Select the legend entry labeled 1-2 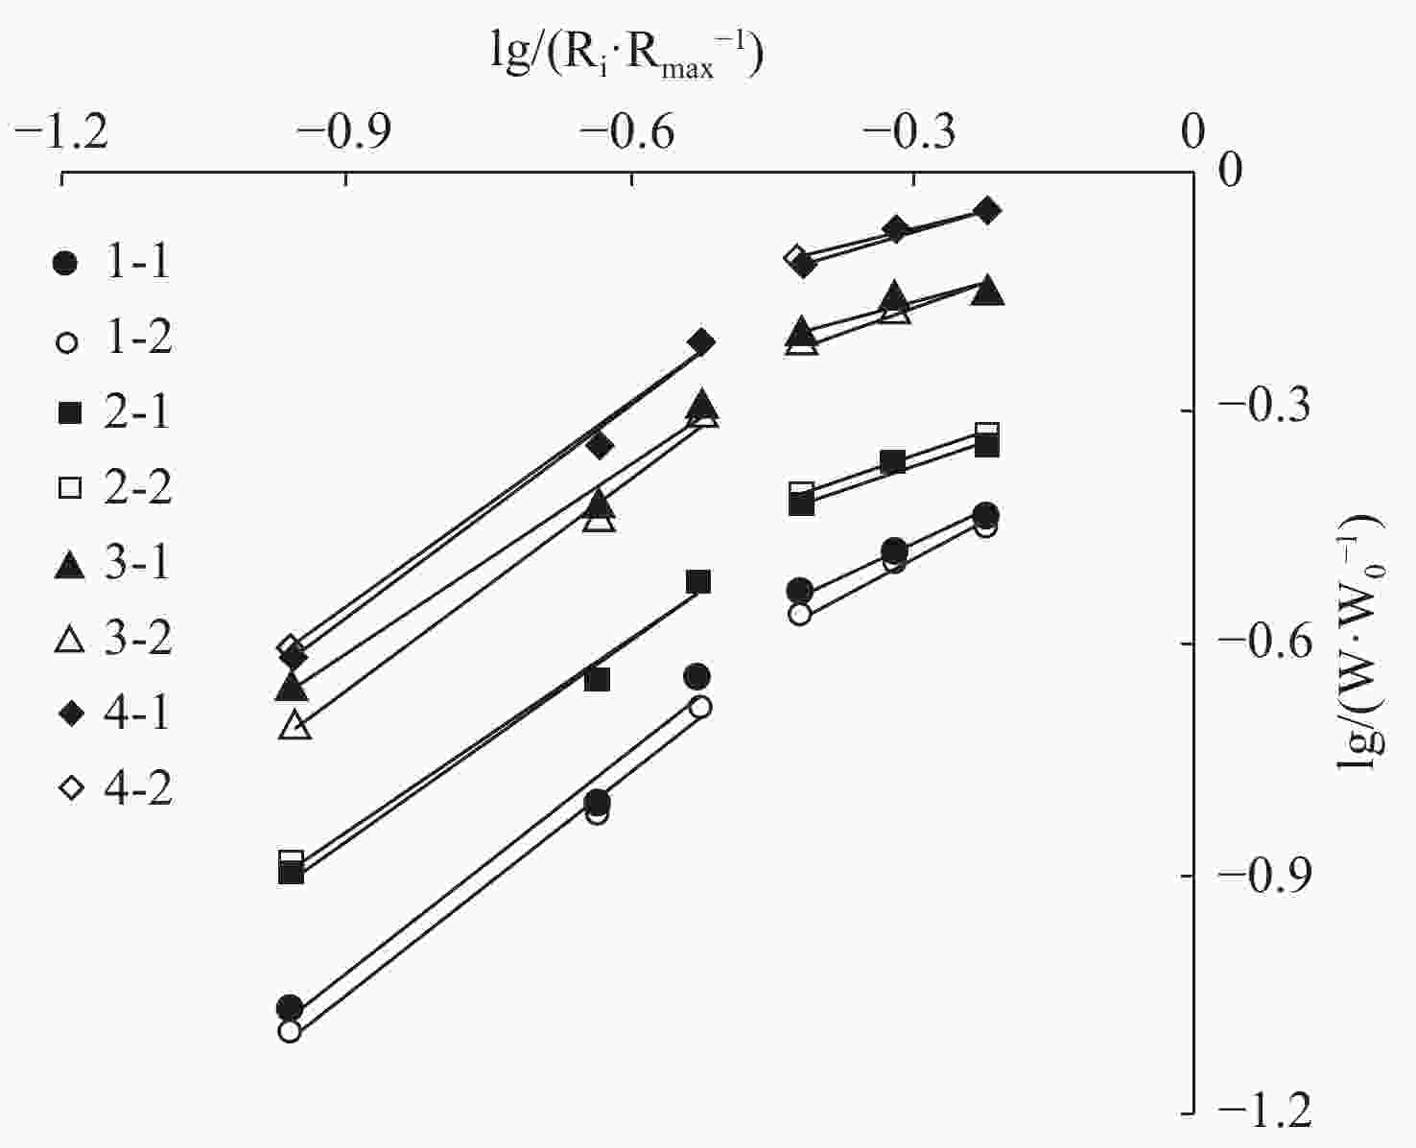(113, 339)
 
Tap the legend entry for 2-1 (113, 413)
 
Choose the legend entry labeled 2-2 (113, 488)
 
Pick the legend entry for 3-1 (113, 563)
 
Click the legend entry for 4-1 (113, 714)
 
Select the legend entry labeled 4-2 (113, 788)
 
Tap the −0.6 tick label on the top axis (628, 132)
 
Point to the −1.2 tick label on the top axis (61, 132)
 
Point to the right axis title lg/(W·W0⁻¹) (1360, 643)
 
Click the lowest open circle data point (290, 1032)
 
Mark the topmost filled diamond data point (987, 211)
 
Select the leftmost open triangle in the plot (295, 725)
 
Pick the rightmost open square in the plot (987, 433)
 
